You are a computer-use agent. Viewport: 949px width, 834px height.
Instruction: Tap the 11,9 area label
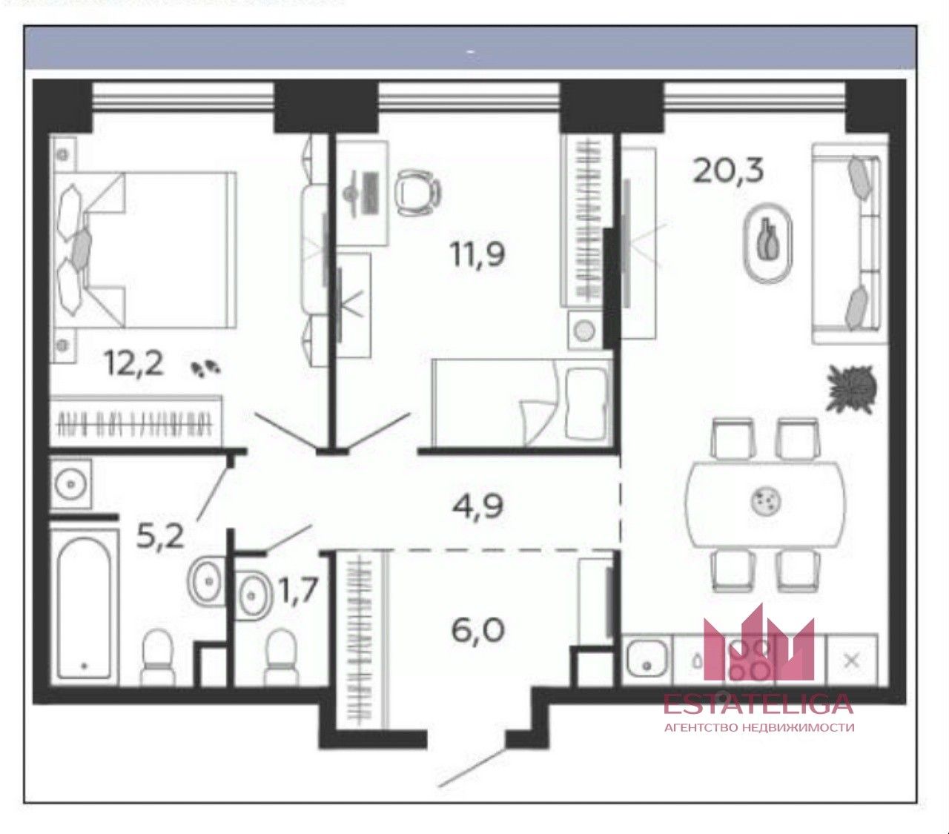click(x=477, y=255)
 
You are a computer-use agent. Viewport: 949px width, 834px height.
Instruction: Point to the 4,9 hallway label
click(x=477, y=506)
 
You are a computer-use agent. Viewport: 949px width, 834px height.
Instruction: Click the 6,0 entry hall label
click(x=478, y=630)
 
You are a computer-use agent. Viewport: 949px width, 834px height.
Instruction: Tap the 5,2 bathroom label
click(x=159, y=535)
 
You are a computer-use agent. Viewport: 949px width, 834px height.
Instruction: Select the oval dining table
click(x=765, y=504)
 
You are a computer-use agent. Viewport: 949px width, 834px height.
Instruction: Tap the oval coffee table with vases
click(x=769, y=243)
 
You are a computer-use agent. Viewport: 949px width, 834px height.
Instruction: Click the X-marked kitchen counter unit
click(x=852, y=661)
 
